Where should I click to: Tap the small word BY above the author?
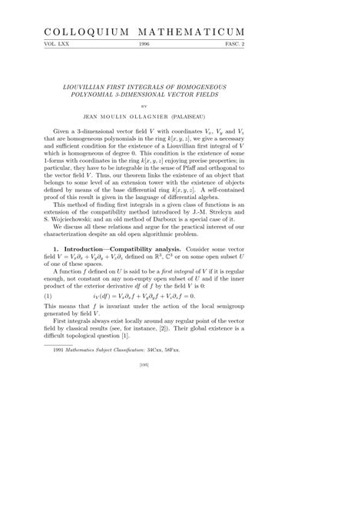coord(181,110)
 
